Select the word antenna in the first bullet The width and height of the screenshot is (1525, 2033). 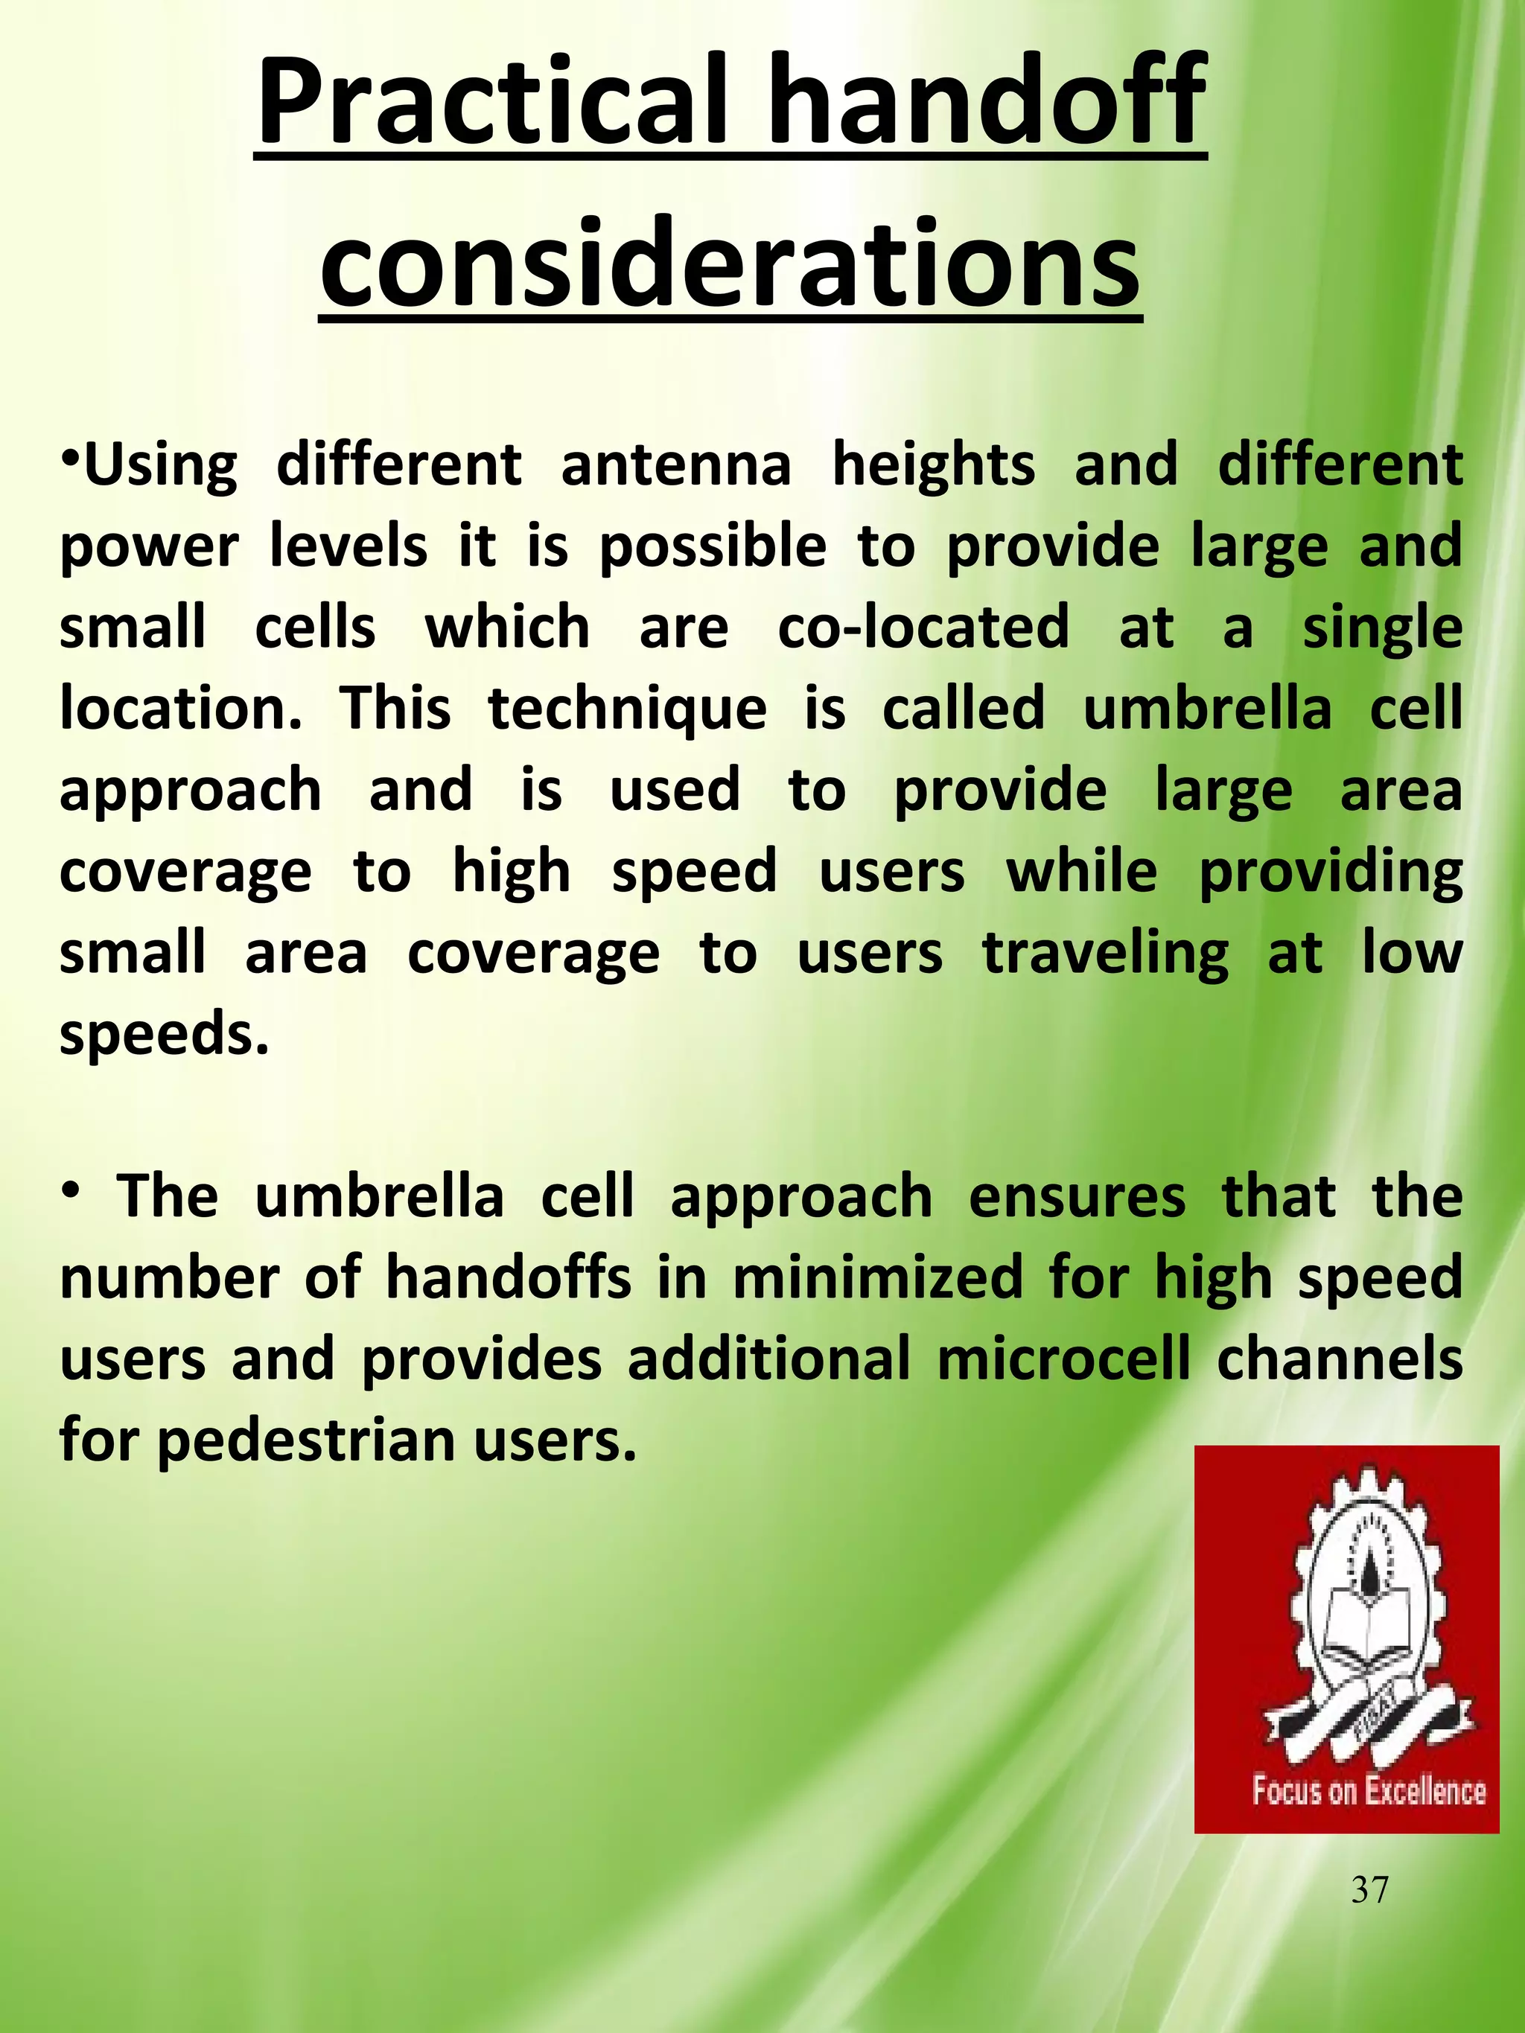[x=675, y=464]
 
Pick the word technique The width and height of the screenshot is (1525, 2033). [x=628, y=709]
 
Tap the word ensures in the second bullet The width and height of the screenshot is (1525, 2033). [x=1077, y=1196]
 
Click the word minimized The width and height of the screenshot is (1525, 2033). [x=878, y=1278]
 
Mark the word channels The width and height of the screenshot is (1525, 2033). [x=1340, y=1359]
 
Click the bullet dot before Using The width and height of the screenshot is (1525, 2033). [x=69, y=457]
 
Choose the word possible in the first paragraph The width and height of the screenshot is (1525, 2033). [x=713, y=547]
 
